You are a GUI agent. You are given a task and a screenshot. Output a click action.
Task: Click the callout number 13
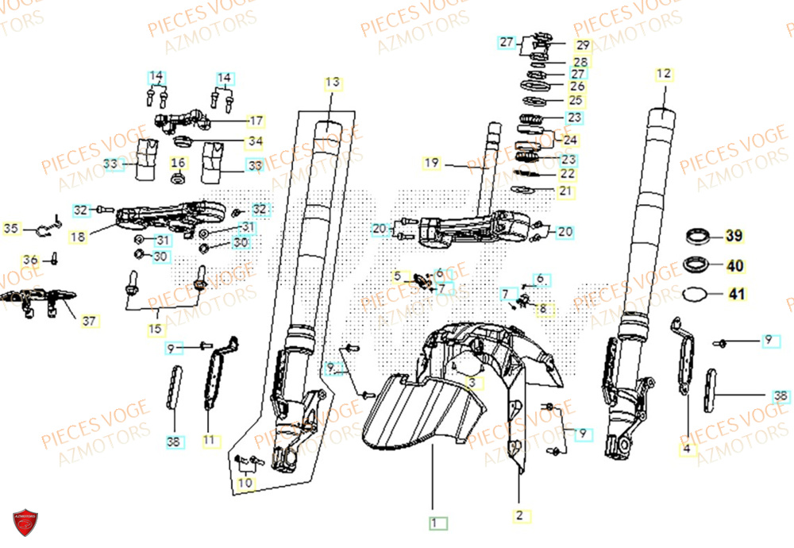(332, 83)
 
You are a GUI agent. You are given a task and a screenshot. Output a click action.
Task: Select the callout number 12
(664, 75)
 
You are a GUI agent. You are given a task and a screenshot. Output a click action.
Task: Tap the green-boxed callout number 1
(434, 523)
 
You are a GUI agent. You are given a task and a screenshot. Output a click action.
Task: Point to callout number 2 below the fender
(518, 516)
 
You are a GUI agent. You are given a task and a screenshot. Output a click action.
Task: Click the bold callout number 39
(735, 236)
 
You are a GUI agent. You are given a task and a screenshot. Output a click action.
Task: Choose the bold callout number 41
(737, 294)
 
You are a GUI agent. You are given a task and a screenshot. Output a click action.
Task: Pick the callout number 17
(256, 121)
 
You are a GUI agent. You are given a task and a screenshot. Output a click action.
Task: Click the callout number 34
(255, 143)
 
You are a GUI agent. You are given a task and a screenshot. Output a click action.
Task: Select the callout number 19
(431, 164)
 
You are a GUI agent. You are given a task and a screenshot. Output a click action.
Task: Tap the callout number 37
(90, 321)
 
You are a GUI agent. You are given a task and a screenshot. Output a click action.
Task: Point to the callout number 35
(10, 230)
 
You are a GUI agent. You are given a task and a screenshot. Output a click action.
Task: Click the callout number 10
(246, 482)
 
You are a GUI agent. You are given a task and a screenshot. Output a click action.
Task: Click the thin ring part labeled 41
(696, 294)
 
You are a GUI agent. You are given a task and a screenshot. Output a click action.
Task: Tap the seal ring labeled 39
(698, 235)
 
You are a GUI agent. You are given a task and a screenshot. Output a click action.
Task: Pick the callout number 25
(576, 100)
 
